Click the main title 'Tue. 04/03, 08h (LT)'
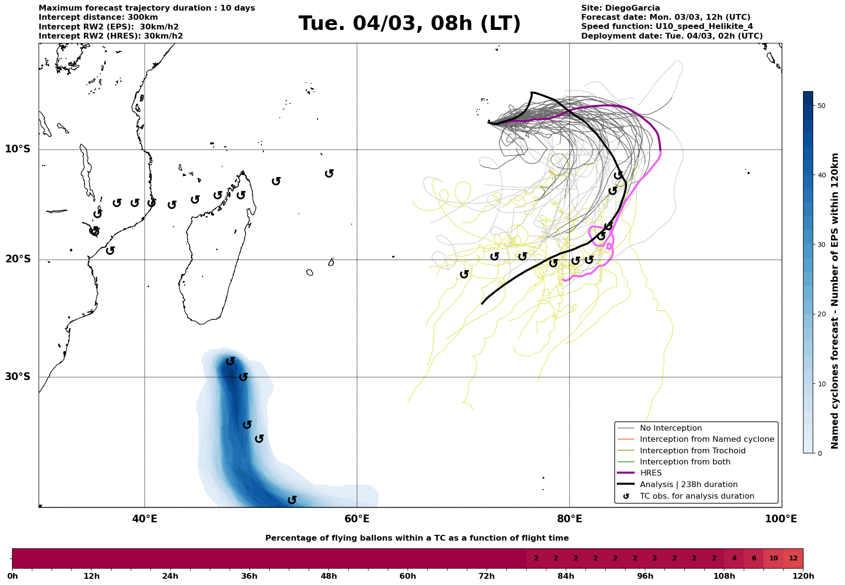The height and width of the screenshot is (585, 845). tap(409, 24)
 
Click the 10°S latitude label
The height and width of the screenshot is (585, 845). tap(18, 149)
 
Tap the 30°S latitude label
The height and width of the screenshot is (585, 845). tap(18, 377)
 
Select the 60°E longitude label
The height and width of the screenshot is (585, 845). tap(357, 519)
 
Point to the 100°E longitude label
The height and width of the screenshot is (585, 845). tap(781, 519)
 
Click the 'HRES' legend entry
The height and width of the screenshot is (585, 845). tap(651, 473)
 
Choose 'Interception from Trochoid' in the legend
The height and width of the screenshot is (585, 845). tap(692, 451)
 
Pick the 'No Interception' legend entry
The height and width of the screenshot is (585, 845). tap(670, 428)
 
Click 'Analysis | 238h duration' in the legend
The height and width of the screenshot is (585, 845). tap(688, 485)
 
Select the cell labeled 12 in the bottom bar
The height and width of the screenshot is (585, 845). tap(793, 558)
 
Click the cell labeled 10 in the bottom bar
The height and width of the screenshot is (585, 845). tap(773, 558)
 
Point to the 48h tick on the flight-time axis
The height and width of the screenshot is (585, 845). tap(329, 576)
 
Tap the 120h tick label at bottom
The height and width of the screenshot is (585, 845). tap(803, 576)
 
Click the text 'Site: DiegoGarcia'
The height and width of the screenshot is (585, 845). tap(620, 8)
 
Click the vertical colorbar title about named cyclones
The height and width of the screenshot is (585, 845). tap(835, 301)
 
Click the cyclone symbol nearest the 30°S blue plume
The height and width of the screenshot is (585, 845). tap(243, 377)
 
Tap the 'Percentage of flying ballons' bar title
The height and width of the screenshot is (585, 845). tap(417, 538)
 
